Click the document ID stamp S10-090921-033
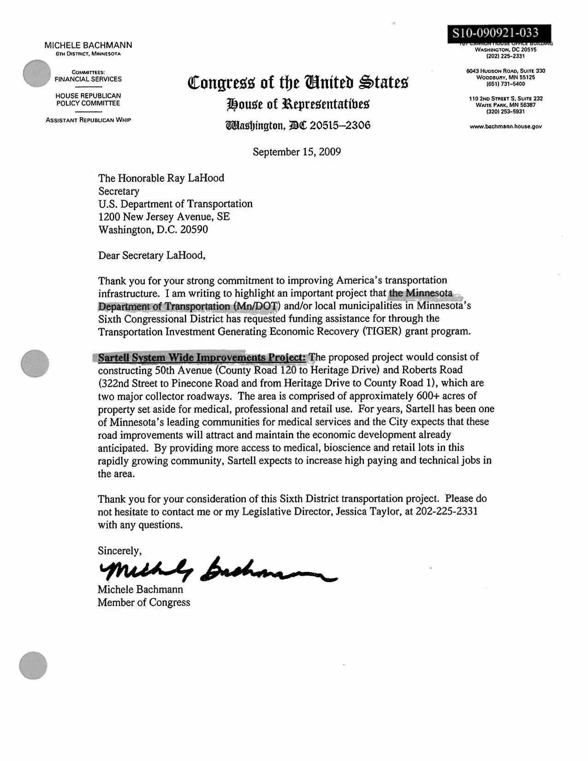click(495, 33)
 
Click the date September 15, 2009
click(297, 152)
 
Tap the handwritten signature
click(217, 571)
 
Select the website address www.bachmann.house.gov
click(505, 126)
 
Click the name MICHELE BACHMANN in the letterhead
click(88, 45)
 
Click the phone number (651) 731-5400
click(505, 84)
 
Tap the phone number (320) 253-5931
click(505, 112)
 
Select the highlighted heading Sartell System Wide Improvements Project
click(202, 357)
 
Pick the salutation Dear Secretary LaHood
click(152, 256)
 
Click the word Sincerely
click(119, 551)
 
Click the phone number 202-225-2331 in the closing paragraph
click(446, 511)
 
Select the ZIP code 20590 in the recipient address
click(194, 230)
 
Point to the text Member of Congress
click(144, 602)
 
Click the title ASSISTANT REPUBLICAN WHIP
click(88, 120)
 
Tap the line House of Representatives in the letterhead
click(298, 104)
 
